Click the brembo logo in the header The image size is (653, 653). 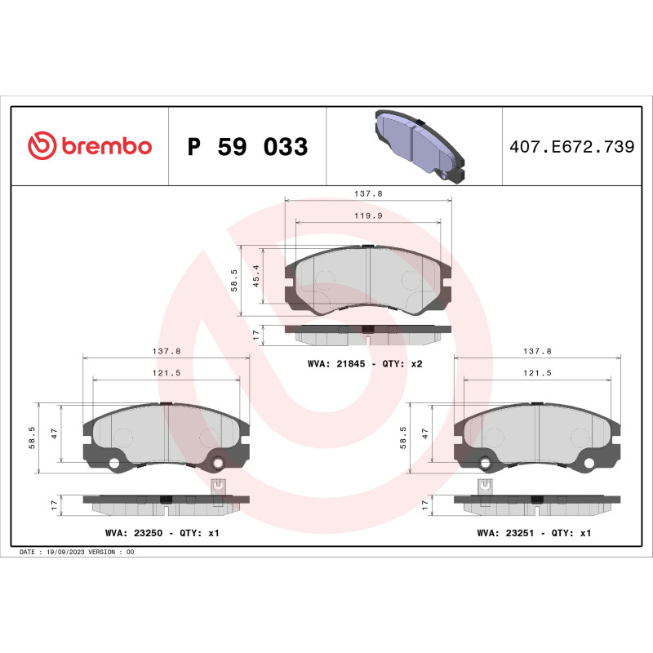coord(90,146)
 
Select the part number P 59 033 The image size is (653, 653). coord(247,147)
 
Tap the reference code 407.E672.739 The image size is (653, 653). coord(571,147)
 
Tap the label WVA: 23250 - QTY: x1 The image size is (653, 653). coord(162,532)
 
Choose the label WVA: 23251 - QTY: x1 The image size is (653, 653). coord(534,532)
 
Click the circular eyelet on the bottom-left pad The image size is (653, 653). coord(218,464)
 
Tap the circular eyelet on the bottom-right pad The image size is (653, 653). coord(486,464)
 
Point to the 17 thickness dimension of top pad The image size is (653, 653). coord(255,335)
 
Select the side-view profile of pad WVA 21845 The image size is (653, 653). coord(367,333)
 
